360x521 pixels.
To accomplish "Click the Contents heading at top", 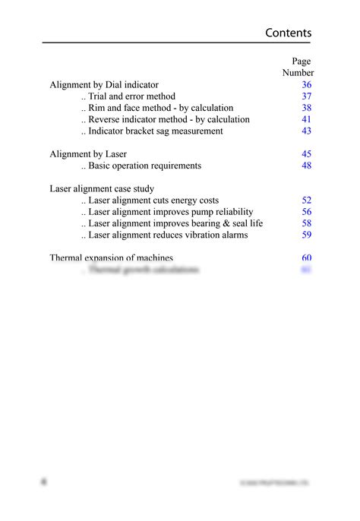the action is pyautogui.click(x=288, y=33).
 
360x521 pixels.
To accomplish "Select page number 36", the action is pyautogui.click(x=306, y=85).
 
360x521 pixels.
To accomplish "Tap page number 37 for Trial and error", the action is pyautogui.click(x=306, y=96).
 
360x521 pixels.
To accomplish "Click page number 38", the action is pyautogui.click(x=306, y=108).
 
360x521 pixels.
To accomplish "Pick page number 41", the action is pyautogui.click(x=306, y=119).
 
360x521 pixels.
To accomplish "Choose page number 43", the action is pyautogui.click(x=306, y=131).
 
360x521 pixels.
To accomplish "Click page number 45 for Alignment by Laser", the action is pyautogui.click(x=306, y=154).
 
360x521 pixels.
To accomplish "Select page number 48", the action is pyautogui.click(x=306, y=166).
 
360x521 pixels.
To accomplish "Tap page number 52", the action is pyautogui.click(x=306, y=201).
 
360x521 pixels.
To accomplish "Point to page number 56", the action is pyautogui.click(x=306, y=212).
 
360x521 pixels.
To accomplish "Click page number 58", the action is pyautogui.click(x=306, y=223).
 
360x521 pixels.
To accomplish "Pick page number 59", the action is pyautogui.click(x=306, y=235).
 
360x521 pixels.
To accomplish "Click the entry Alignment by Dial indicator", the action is pyautogui.click(x=104, y=85).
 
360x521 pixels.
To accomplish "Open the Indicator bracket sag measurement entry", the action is pyautogui.click(x=152, y=131).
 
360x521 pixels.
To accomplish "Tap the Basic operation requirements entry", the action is pyautogui.click(x=141, y=166).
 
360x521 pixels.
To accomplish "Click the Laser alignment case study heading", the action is pyautogui.click(x=106, y=188).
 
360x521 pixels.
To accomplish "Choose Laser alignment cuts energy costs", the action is pyautogui.click(x=150, y=201).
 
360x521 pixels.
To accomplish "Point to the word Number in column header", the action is pyautogui.click(x=298, y=73).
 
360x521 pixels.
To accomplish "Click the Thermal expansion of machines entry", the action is pyautogui.click(x=111, y=257).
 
